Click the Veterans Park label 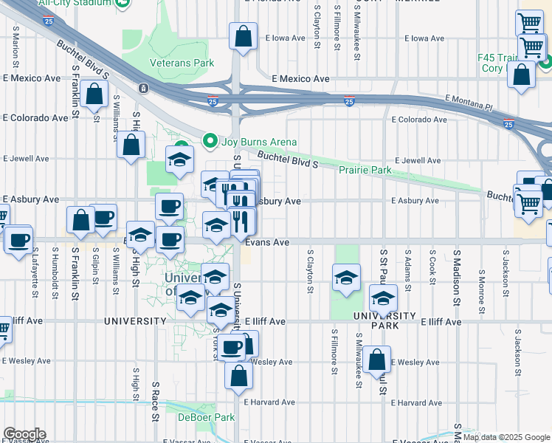point(182,63)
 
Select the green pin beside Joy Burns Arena point(210,141)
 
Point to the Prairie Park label point(365,171)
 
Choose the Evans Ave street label point(267,242)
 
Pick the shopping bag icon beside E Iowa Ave point(243,36)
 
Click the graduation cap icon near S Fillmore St point(346,278)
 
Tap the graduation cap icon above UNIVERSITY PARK point(383,299)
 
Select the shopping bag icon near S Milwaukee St point(376,360)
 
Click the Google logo point(24,434)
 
